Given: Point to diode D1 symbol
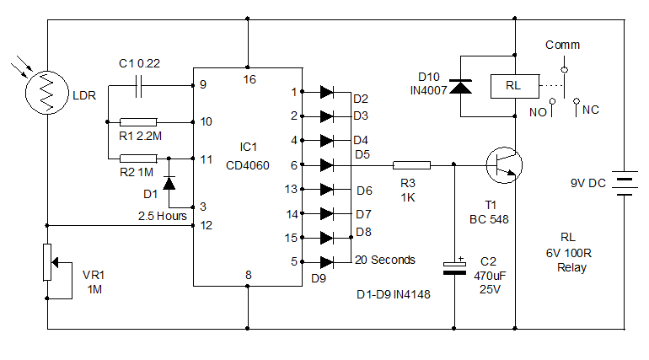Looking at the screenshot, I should [169, 182].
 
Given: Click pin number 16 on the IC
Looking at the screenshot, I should [248, 79].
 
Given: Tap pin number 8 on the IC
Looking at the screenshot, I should [248, 274].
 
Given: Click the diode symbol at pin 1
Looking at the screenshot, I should [327, 91].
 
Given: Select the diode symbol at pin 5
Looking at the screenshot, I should [327, 261].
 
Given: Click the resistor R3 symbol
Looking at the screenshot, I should [412, 165].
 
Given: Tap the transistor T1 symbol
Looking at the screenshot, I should [504, 165].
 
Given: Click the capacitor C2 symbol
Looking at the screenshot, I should [455, 267].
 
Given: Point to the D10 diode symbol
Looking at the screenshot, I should [460, 85].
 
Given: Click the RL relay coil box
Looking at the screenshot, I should [512, 85].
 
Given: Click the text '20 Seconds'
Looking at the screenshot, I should [384, 260].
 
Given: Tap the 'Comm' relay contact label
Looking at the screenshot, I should [562, 45].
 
